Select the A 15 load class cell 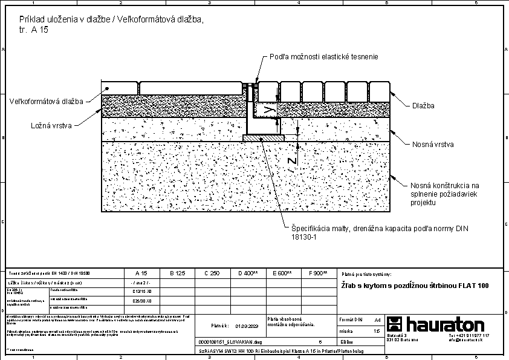point(140,273)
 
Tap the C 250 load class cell point(212,273)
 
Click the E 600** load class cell point(282,273)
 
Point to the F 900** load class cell point(318,273)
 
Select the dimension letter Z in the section point(292,161)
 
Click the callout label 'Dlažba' point(423,106)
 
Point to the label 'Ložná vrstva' point(51,126)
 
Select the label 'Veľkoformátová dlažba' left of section point(46,101)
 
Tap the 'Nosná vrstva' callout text point(433,145)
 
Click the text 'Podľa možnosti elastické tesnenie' point(323,57)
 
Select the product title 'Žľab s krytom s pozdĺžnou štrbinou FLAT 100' point(414,286)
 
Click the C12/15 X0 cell point(141,291)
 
